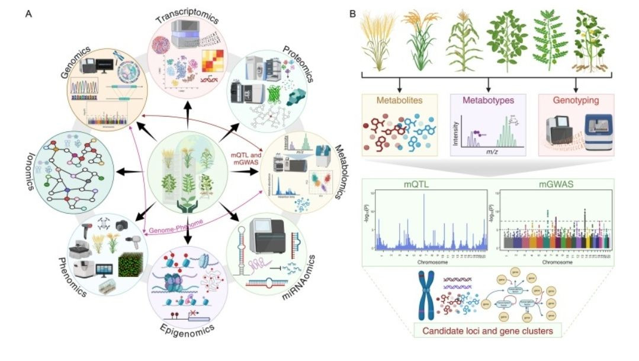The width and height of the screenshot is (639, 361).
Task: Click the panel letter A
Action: (28, 14)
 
